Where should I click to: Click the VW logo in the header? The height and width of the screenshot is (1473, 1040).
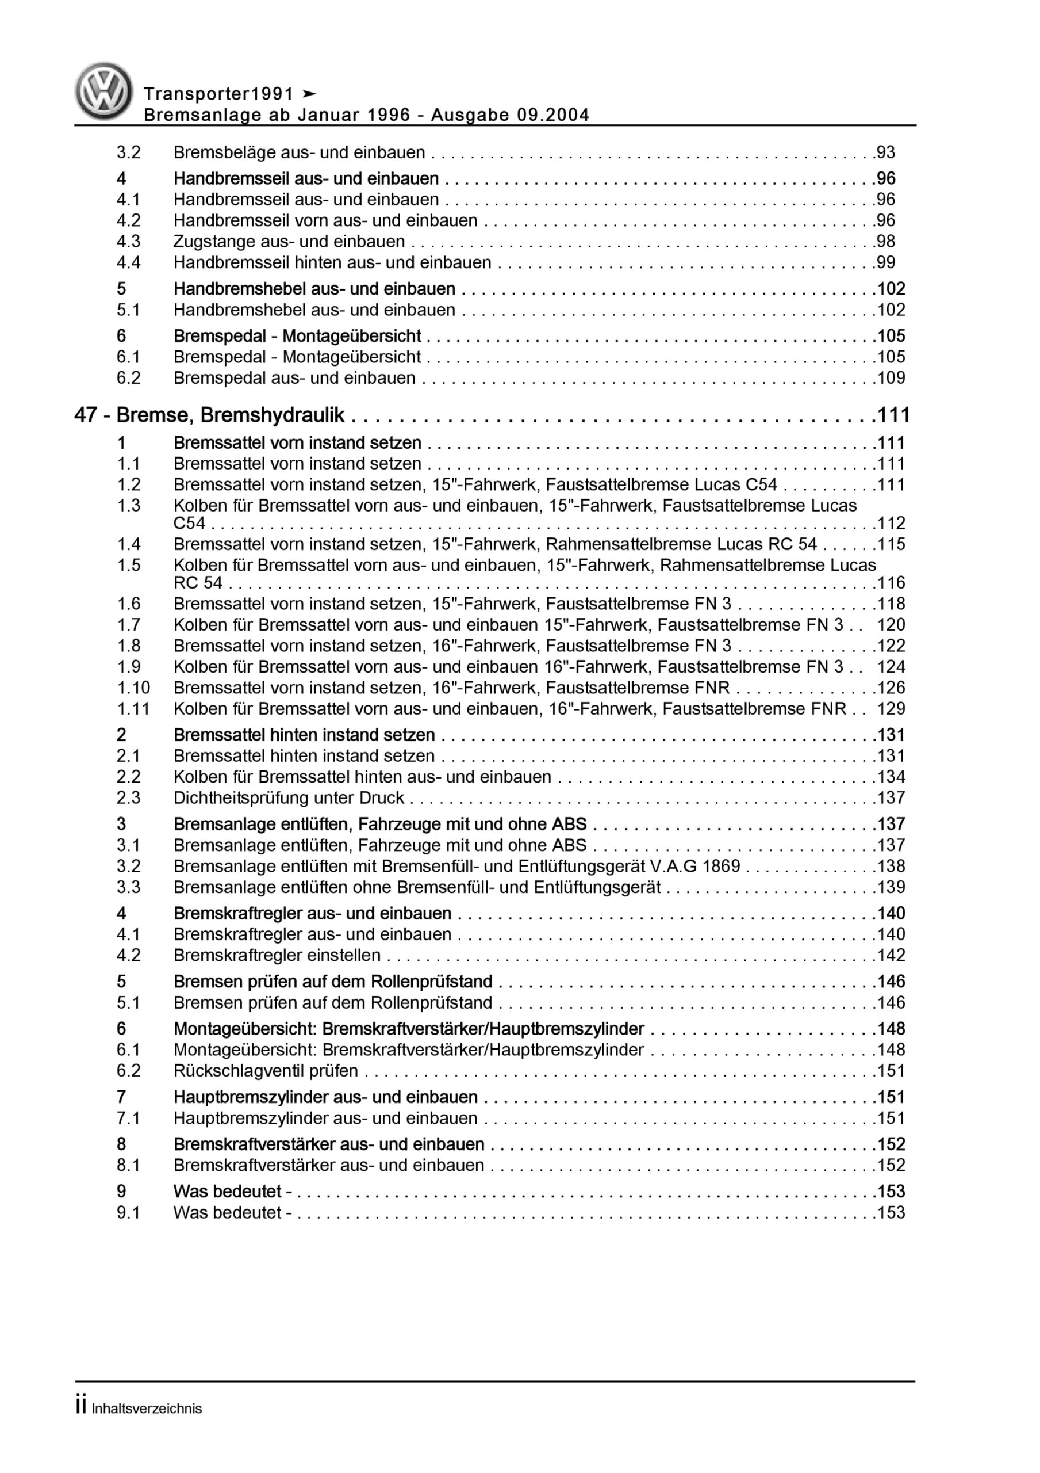(x=104, y=91)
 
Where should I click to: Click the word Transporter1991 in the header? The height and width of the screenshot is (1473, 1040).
(x=218, y=94)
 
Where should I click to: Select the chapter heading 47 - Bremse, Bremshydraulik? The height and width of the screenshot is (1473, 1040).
(x=210, y=416)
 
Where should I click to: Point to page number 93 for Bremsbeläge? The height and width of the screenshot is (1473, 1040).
(x=885, y=152)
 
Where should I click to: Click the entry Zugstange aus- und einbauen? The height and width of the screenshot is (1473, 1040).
(x=289, y=242)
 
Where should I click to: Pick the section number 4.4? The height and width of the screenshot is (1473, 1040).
(x=128, y=263)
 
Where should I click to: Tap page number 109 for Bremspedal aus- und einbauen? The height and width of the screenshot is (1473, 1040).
(x=891, y=379)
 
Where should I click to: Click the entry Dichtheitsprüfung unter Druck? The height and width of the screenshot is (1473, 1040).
(x=289, y=798)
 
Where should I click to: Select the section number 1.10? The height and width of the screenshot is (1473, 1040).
(x=133, y=688)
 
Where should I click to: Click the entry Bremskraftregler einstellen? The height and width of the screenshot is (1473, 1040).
(x=277, y=956)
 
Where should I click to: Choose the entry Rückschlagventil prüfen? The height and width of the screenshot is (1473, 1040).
(x=266, y=1071)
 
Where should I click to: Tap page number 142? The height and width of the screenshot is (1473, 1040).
(x=891, y=956)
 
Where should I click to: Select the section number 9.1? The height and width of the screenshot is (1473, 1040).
(x=128, y=1213)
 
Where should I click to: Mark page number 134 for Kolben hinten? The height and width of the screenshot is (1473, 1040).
(x=891, y=777)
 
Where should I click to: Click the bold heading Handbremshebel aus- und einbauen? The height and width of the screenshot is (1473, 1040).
(x=314, y=289)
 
